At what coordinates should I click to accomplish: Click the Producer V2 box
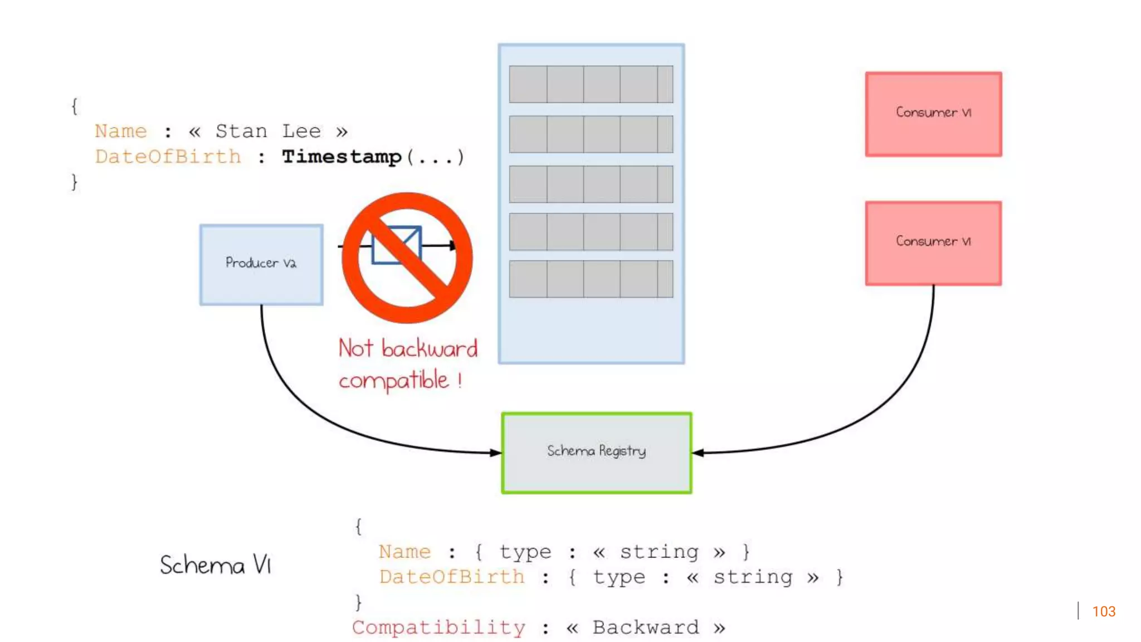(261, 264)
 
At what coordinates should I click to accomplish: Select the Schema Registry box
(597, 452)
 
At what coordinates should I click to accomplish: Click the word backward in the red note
(429, 349)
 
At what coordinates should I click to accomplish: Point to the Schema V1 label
(215, 565)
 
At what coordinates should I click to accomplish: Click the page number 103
(1103, 611)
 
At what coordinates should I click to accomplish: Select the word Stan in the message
(241, 132)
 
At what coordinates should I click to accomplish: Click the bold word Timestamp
(341, 157)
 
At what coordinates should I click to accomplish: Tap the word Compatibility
(438, 628)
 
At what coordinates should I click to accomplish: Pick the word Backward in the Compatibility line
(645, 628)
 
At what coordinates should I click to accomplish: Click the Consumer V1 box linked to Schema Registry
(933, 243)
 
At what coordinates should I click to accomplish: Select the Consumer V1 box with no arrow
(933, 114)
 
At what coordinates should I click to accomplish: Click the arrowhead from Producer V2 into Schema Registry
(495, 453)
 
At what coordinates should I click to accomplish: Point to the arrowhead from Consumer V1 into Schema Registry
(698, 453)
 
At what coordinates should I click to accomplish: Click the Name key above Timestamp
(120, 132)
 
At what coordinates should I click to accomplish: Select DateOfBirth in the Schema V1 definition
(452, 577)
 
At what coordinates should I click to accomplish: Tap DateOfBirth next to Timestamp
(168, 157)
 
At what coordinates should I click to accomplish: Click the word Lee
(301, 132)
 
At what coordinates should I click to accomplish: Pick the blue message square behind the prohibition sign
(396, 245)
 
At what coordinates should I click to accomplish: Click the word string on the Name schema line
(659, 552)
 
